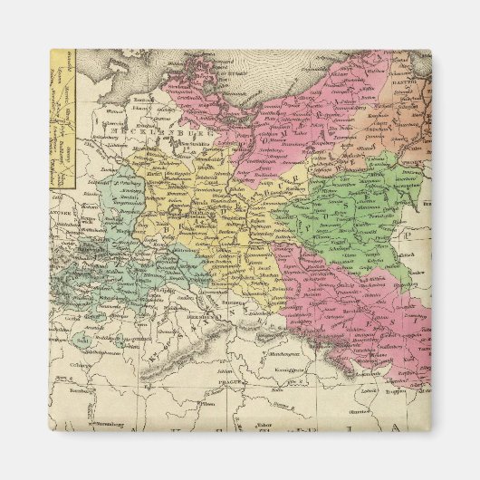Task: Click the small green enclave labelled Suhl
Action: tap(84, 341)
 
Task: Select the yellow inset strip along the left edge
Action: tap(61, 118)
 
